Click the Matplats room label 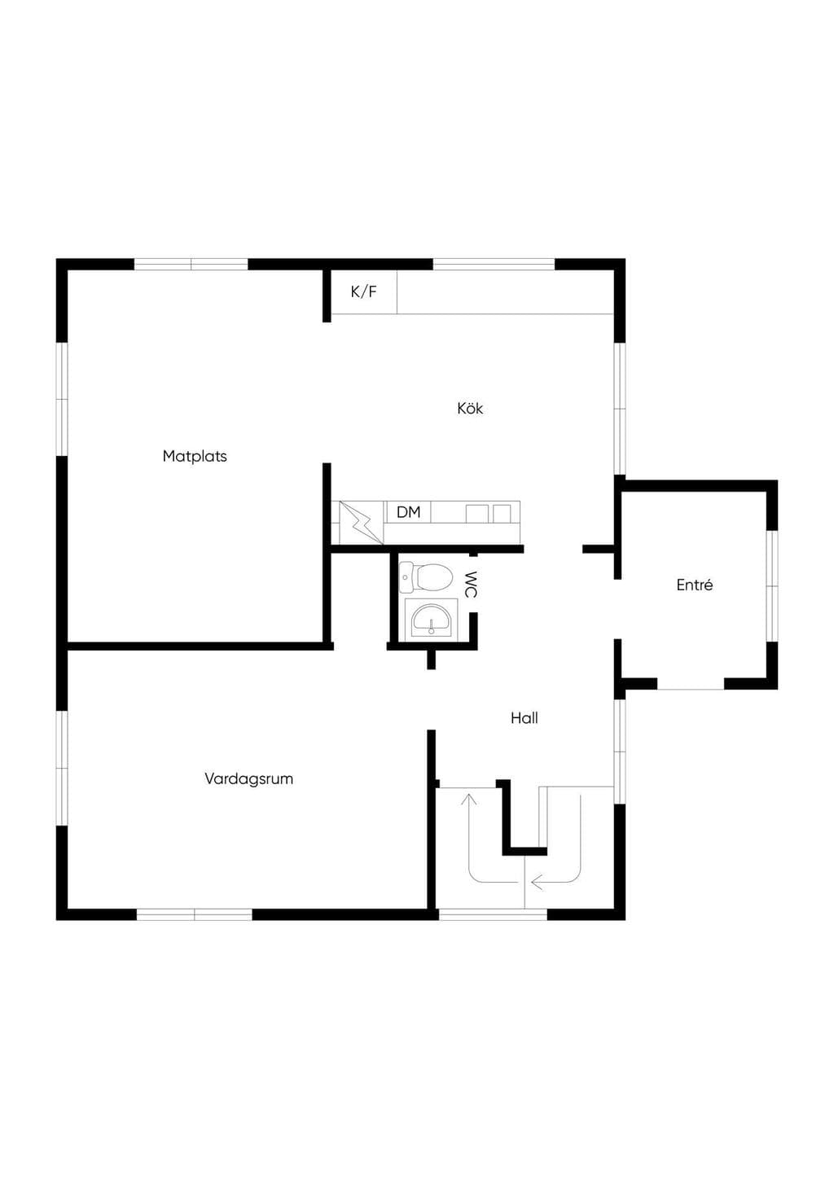pos(195,456)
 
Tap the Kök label pos(470,409)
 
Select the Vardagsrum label pos(249,779)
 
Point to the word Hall pos(525,718)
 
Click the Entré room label pos(695,585)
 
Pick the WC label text pos(471,585)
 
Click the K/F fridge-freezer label pos(364,291)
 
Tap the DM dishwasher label pos(409,511)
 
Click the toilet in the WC pos(426,576)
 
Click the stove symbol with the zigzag pos(361,523)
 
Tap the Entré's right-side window pos(772,585)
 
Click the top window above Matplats pos(191,265)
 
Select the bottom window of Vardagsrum pos(195,914)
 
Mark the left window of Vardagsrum pos(62,768)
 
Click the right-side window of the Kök pos(620,409)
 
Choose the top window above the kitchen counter pos(494,265)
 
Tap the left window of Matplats pos(62,400)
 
